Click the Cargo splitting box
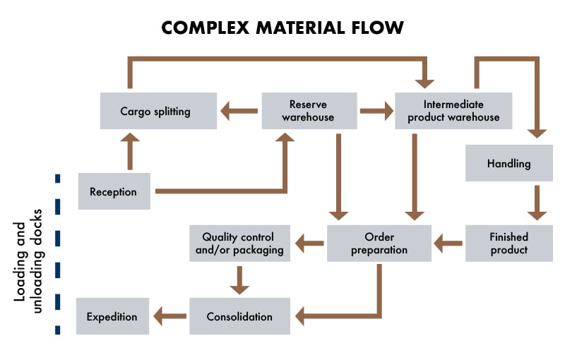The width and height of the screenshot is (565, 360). point(158,111)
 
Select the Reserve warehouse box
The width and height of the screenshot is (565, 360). point(308,111)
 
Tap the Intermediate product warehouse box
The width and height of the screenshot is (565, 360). point(453,111)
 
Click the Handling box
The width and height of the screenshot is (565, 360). point(509,164)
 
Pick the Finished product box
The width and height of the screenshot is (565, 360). point(509,244)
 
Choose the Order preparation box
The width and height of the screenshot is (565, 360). point(379,244)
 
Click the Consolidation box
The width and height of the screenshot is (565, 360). point(239,316)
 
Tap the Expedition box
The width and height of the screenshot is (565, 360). point(113,316)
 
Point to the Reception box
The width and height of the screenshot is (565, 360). point(113,191)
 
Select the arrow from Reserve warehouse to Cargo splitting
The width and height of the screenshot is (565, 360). point(239,111)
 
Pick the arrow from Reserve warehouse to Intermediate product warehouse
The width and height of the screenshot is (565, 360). point(376,111)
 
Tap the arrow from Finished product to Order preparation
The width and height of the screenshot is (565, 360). point(448,244)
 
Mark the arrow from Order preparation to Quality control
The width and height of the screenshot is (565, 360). point(310,244)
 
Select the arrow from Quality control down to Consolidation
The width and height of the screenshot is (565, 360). point(240,280)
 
